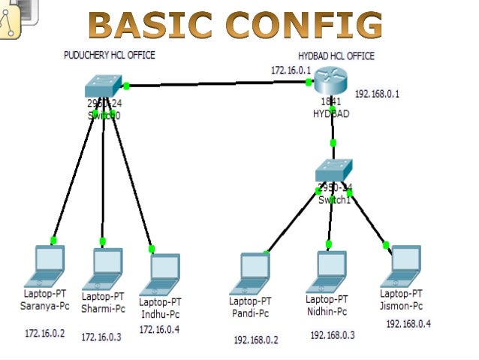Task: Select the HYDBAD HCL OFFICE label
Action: tap(336, 56)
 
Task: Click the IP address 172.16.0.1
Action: tap(291, 70)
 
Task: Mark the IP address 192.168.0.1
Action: tap(377, 94)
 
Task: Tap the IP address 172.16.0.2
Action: tap(45, 332)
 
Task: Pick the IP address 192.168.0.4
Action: tap(408, 324)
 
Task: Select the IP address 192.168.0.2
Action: tap(255, 340)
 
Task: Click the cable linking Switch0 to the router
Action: tap(218, 85)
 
